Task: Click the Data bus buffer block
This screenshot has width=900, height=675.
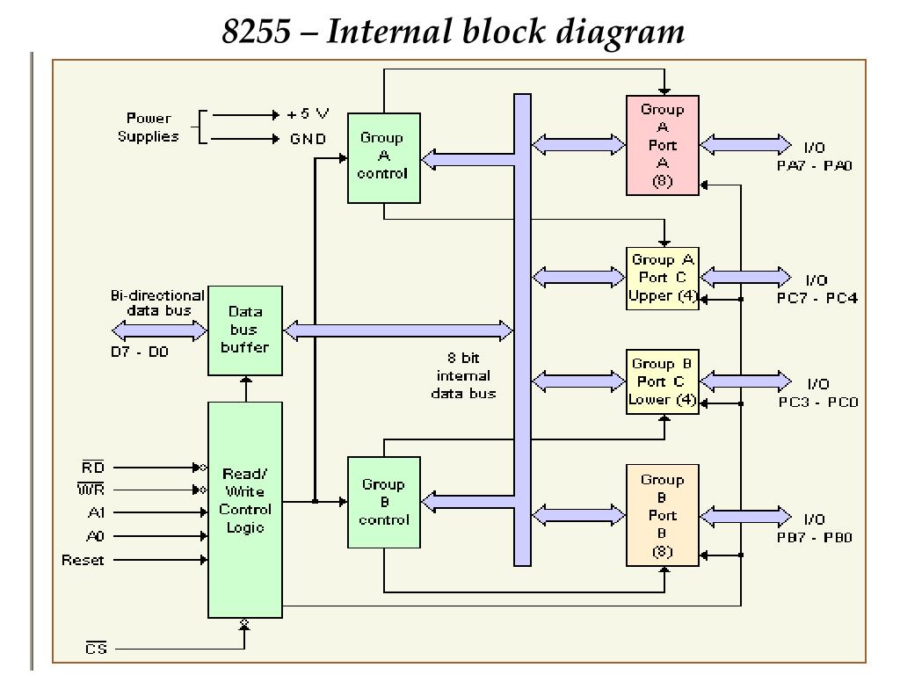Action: coord(245,330)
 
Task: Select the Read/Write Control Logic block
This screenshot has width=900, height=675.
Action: coord(245,510)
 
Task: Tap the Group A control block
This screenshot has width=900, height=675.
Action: coord(384,158)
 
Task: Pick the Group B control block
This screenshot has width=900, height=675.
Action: coord(384,502)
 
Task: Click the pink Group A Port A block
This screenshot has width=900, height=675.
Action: coord(663,145)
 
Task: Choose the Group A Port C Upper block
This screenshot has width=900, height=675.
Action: coord(663,279)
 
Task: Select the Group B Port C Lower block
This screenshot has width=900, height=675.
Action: coord(663,381)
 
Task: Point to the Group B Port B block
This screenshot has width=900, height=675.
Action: coord(663,515)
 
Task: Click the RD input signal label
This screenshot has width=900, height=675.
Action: coord(92,468)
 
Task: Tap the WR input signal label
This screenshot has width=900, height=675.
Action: coord(91,490)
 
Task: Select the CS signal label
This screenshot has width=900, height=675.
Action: coord(96,648)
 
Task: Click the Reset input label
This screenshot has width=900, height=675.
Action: coord(83,560)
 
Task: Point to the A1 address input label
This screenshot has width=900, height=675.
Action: coord(96,512)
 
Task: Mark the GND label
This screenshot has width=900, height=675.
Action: coord(308,139)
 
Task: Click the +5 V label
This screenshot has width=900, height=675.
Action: coord(308,113)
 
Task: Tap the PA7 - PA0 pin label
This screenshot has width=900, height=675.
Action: coord(815,166)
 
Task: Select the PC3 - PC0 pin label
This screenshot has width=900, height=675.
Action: coord(818,402)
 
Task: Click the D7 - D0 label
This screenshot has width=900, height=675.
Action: coord(140,352)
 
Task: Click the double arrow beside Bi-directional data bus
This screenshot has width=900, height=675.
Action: coord(160,330)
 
